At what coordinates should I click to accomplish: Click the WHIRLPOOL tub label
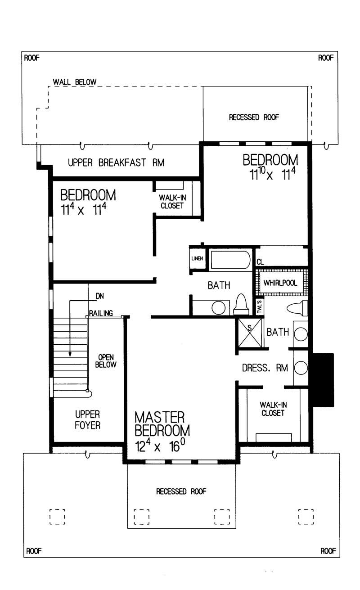[x=280, y=284]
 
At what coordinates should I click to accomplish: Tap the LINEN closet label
[x=197, y=258]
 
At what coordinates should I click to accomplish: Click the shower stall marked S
[x=250, y=333]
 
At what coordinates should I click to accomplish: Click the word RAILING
[x=100, y=313]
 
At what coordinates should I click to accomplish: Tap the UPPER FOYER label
[x=87, y=419]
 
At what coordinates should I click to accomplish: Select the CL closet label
[x=260, y=262]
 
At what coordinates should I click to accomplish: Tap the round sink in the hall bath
[x=219, y=308]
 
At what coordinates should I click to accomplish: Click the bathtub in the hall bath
[x=230, y=260]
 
